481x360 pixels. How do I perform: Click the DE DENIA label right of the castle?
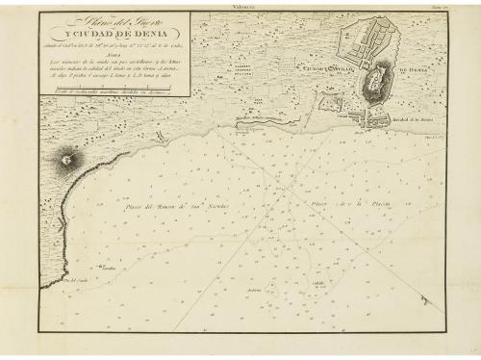pyautogui.click(x=410, y=69)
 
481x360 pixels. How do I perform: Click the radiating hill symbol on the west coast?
pyautogui.click(x=69, y=157)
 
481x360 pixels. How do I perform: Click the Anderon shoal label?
pyautogui.click(x=282, y=289)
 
